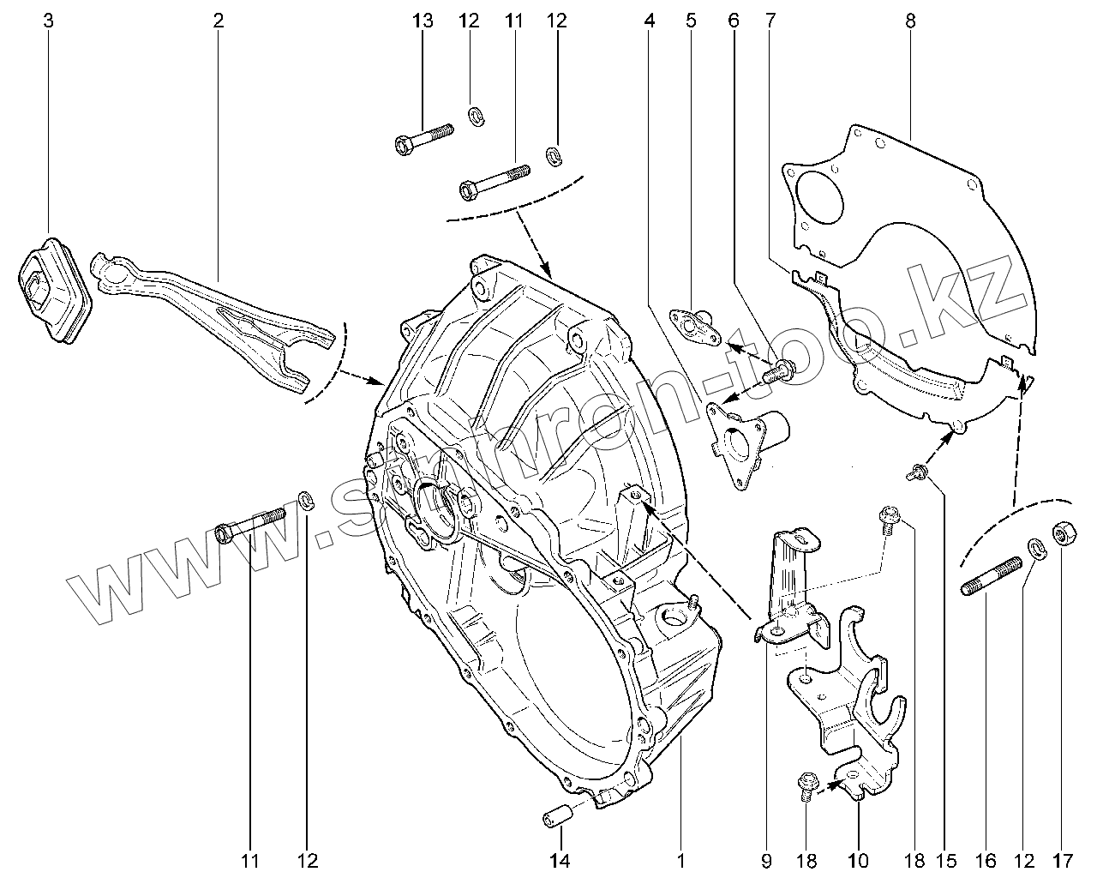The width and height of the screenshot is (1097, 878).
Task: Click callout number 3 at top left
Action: (x=48, y=21)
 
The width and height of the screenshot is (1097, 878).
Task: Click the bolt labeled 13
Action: (x=424, y=139)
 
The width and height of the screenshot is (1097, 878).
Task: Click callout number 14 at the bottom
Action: (x=559, y=859)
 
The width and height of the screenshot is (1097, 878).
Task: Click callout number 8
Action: (x=910, y=21)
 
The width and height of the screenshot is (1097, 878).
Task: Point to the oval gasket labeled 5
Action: (x=691, y=327)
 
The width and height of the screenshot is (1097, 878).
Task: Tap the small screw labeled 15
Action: (x=917, y=471)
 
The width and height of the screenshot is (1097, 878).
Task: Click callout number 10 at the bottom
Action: (x=858, y=859)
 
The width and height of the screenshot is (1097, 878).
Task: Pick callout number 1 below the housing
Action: (x=681, y=859)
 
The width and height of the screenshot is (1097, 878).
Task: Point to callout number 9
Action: (x=765, y=859)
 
